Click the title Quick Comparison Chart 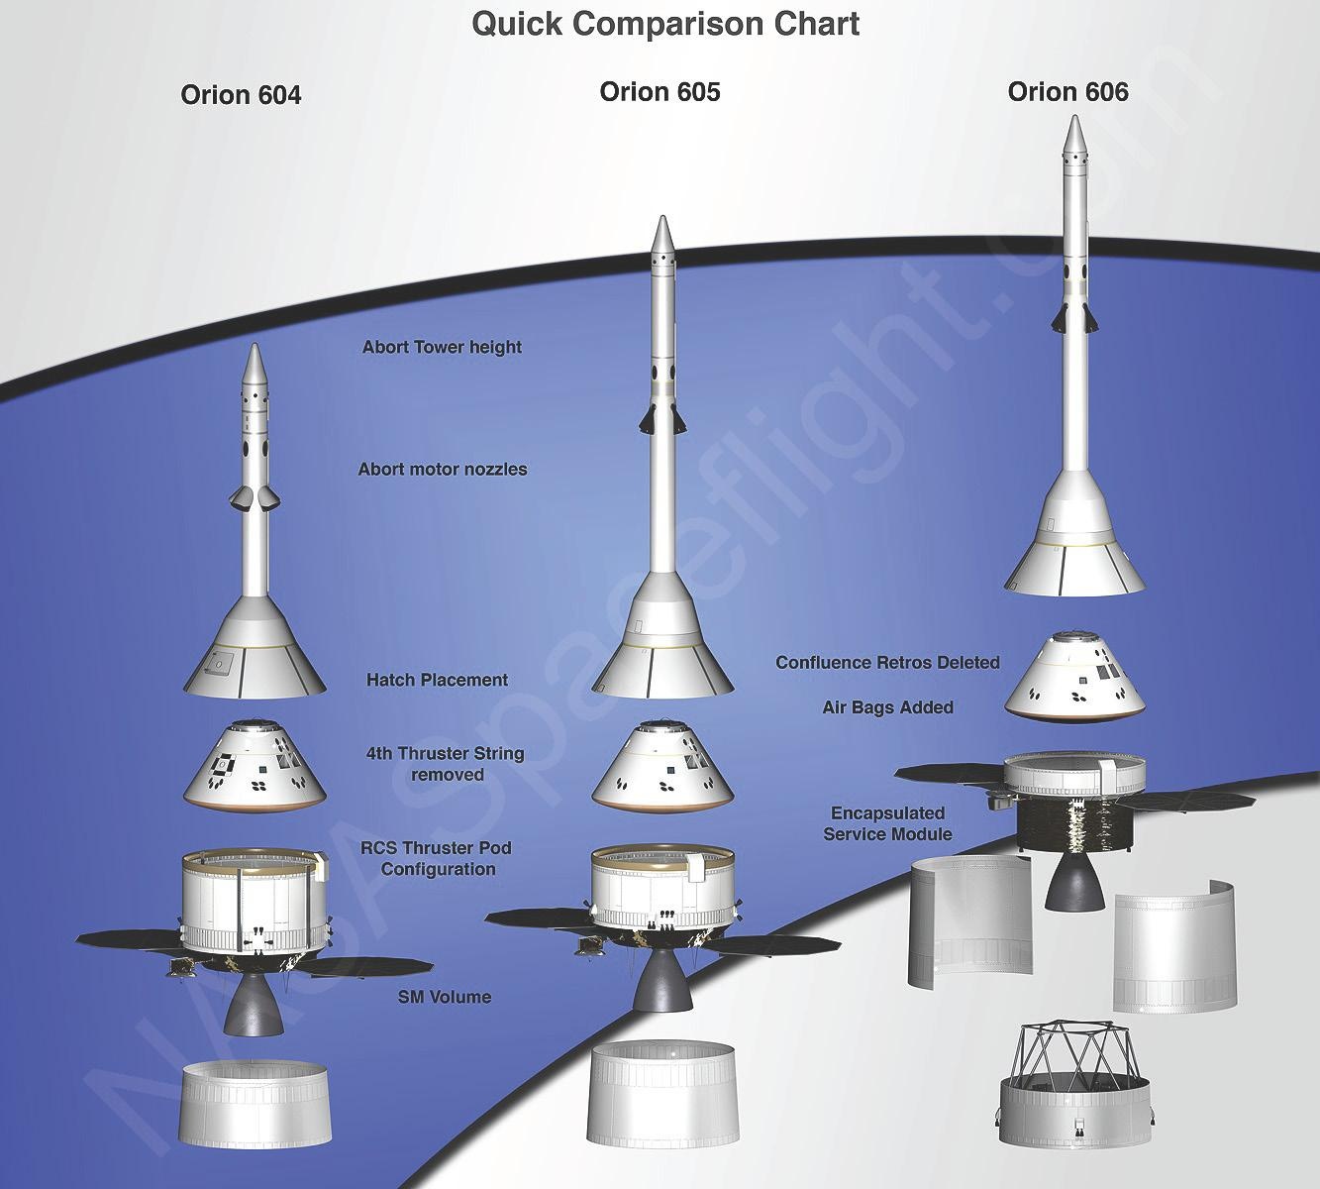tap(664, 23)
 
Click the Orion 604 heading tap(241, 94)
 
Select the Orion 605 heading tap(660, 92)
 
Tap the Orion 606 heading tap(1067, 92)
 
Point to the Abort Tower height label tap(442, 348)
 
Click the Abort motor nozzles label tap(442, 470)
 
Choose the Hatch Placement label tap(437, 681)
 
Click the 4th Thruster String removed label tap(446, 764)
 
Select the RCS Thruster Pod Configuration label tap(439, 859)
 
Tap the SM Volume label tap(439, 998)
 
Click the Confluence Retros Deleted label tap(887, 663)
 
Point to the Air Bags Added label tap(887, 707)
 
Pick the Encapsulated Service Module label tap(887, 824)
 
